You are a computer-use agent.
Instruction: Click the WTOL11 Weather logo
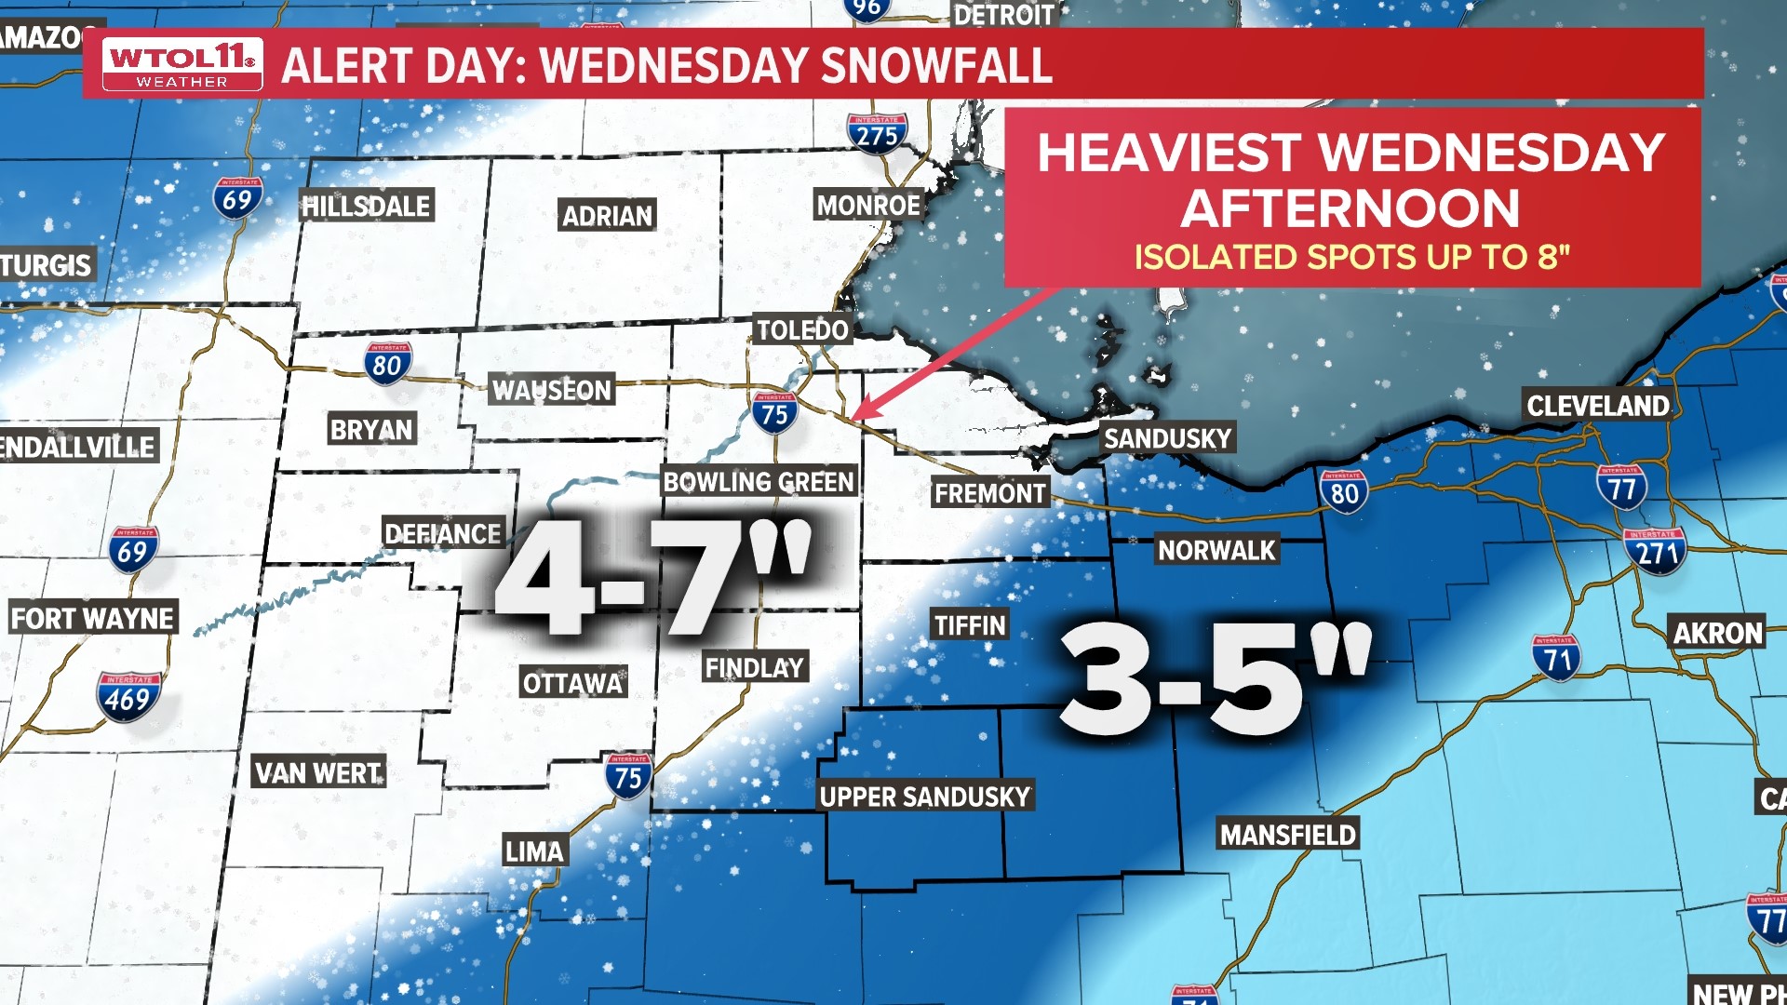point(181,64)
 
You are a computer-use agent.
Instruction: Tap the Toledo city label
point(801,329)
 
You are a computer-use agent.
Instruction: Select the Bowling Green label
point(758,481)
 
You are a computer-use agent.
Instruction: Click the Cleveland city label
point(1597,406)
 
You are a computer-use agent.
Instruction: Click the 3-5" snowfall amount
point(1215,679)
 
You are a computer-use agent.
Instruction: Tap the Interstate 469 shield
point(128,697)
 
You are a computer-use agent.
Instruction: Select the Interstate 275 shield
point(877,134)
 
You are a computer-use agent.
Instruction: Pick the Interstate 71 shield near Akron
point(1556,658)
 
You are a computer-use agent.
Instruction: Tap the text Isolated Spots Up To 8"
point(1351,257)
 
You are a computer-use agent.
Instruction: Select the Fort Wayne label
point(92,618)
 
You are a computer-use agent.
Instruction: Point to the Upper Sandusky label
point(924,797)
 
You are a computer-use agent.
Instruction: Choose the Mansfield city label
point(1287,835)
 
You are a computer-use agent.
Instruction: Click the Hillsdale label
point(367,206)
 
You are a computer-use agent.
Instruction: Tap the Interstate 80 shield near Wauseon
point(387,364)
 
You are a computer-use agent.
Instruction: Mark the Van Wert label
point(318,772)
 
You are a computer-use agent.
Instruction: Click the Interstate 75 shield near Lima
point(628,776)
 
